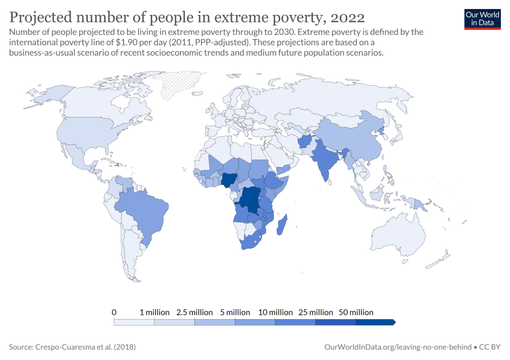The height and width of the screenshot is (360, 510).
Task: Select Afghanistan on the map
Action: [305, 142]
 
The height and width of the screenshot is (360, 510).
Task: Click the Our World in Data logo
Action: [482, 19]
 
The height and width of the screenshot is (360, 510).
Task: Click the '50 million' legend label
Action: [356, 312]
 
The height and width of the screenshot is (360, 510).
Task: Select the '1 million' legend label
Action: [155, 312]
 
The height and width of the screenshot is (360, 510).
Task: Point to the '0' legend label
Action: [114, 312]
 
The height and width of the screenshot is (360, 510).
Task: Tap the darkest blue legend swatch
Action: [375, 322]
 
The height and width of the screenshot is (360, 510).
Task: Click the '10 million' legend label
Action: [275, 312]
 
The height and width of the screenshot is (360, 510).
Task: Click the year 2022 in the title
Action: [347, 17]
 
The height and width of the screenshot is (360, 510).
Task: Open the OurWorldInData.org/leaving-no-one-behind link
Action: [397, 347]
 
